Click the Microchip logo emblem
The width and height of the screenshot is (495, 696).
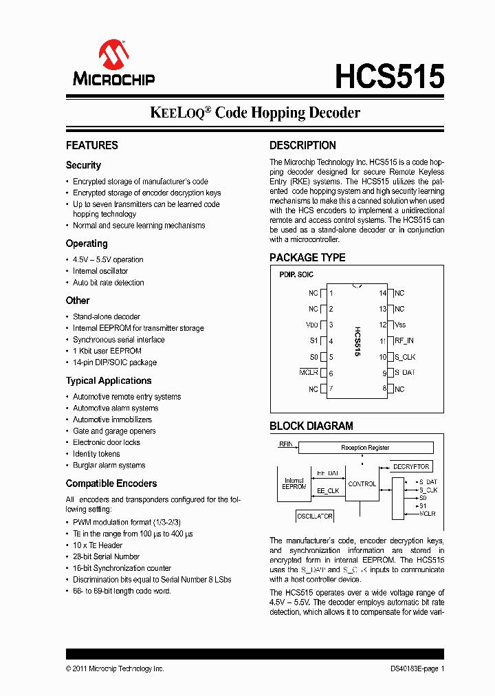point(113,54)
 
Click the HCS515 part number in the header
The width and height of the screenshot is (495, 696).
point(389,76)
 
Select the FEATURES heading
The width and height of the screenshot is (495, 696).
point(92,145)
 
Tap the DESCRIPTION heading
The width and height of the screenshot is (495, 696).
point(302,145)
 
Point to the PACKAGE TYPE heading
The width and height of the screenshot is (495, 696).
point(307,257)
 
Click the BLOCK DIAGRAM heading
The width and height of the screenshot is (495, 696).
point(311,426)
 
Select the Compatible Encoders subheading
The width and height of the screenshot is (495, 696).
point(111,483)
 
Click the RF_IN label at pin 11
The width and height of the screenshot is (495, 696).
point(405,341)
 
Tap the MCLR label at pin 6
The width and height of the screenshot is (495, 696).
point(309,373)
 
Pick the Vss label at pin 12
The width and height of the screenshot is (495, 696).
point(400,325)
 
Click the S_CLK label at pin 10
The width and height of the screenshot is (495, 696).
point(405,357)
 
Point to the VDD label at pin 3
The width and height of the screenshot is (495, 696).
point(311,325)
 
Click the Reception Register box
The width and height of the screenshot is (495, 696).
point(365,448)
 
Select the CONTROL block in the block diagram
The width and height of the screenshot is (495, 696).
point(362,484)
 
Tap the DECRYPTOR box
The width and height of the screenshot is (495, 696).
point(411,467)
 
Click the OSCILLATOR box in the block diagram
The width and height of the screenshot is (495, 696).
point(315,516)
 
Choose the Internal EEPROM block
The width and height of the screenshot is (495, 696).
point(294,483)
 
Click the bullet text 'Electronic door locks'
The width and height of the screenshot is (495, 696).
point(107,442)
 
